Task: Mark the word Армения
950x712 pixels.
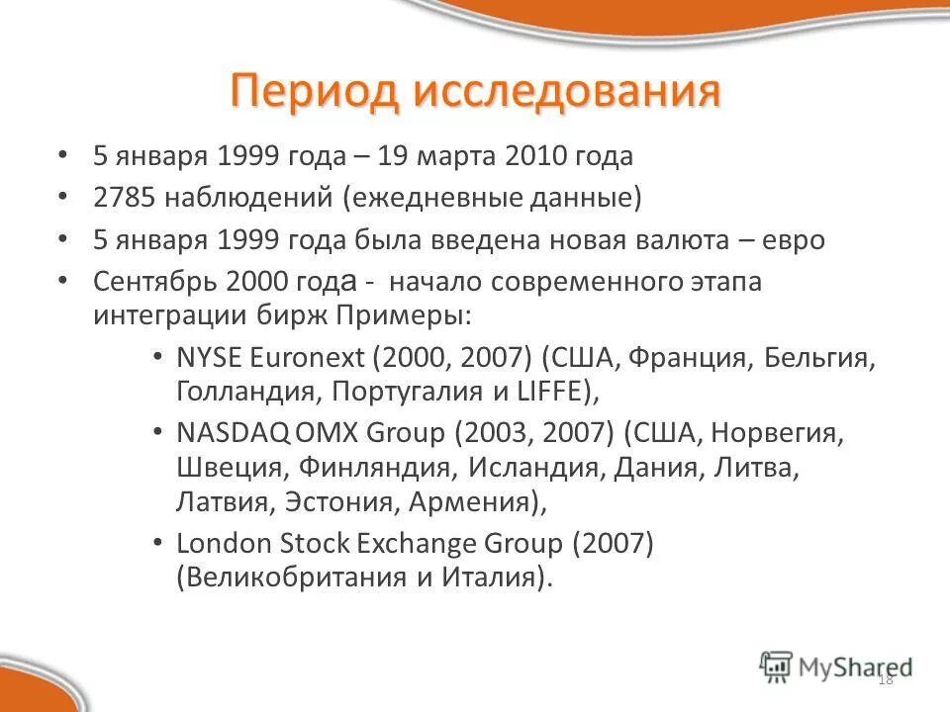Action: (473, 502)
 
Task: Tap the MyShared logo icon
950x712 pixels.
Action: (777, 666)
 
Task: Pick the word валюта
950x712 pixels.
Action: (675, 239)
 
